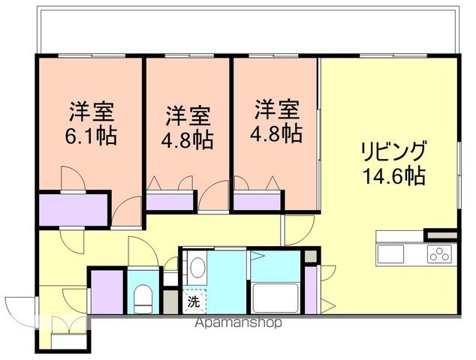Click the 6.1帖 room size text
point(92,138)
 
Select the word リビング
point(392,149)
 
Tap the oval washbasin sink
point(197,267)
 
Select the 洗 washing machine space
point(194,302)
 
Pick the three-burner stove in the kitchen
point(439,253)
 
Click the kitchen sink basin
point(390,254)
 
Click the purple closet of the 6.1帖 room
point(74,208)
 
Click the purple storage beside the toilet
point(107,295)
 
